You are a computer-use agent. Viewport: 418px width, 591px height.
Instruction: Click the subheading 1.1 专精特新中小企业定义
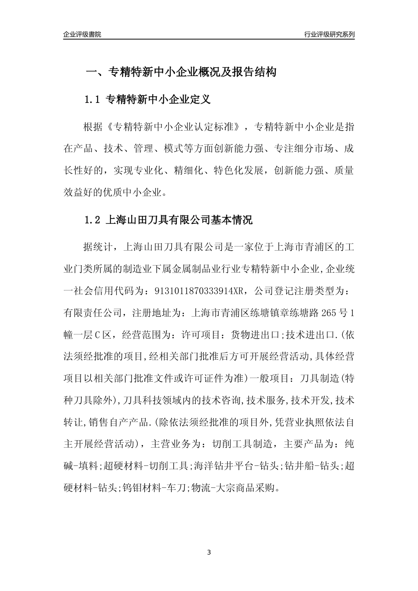[x=147, y=99]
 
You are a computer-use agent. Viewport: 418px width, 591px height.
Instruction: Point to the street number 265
[x=330, y=313]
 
